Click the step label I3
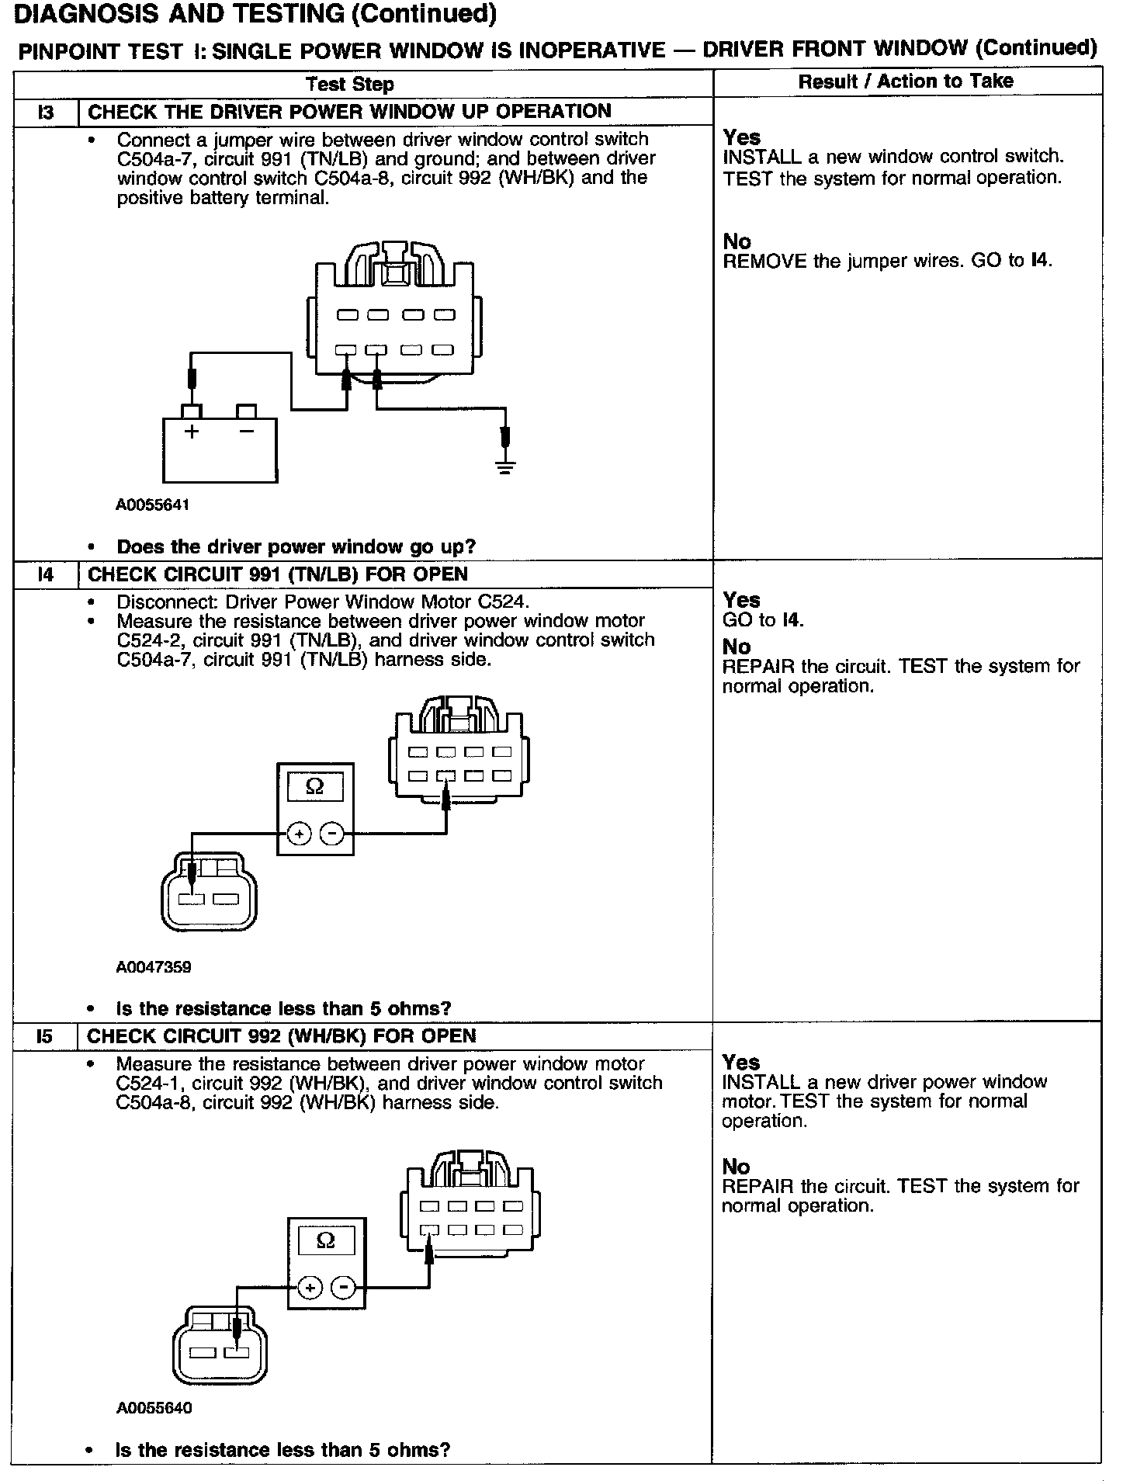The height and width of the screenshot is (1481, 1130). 46,113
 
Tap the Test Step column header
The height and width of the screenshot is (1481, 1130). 349,85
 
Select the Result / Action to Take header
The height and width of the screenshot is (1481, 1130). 906,82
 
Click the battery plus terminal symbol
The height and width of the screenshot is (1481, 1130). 192,432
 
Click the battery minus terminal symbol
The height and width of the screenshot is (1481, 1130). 247,431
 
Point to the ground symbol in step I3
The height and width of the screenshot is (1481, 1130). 505,467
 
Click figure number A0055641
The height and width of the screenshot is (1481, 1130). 153,505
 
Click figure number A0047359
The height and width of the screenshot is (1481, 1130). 154,967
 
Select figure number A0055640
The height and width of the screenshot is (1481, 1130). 154,1408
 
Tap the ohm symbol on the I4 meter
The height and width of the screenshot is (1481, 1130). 315,787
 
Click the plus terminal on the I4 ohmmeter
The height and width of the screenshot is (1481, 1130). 299,834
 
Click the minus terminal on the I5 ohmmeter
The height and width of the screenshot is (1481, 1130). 343,1289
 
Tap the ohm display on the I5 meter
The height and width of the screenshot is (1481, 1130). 326,1241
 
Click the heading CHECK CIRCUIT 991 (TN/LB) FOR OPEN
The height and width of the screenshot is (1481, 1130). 277,575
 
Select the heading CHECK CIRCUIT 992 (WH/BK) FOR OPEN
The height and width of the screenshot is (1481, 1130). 281,1037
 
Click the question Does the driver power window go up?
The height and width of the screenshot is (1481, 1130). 296,547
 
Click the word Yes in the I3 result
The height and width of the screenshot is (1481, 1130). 741,137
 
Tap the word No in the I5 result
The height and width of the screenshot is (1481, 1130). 736,1167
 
